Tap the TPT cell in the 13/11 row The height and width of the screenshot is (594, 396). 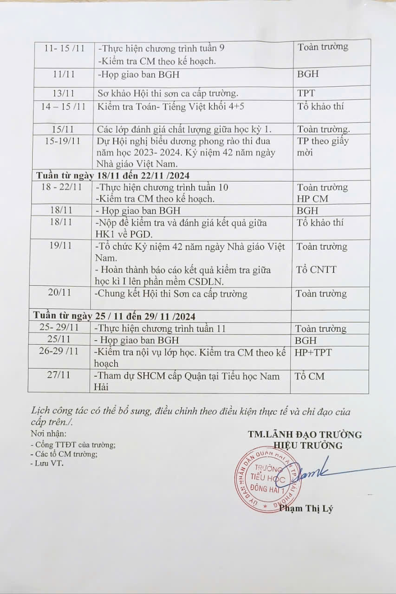click(306, 93)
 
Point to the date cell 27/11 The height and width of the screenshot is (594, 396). click(59, 375)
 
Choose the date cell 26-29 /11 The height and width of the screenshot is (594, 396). click(59, 351)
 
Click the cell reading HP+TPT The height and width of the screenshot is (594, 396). click(313, 352)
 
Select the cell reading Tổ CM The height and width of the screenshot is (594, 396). click(310, 376)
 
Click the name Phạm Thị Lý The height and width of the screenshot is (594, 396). click(306, 508)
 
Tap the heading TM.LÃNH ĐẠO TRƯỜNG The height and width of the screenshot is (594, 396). click(305, 434)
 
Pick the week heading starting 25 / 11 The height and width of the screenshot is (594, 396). click(114, 316)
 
